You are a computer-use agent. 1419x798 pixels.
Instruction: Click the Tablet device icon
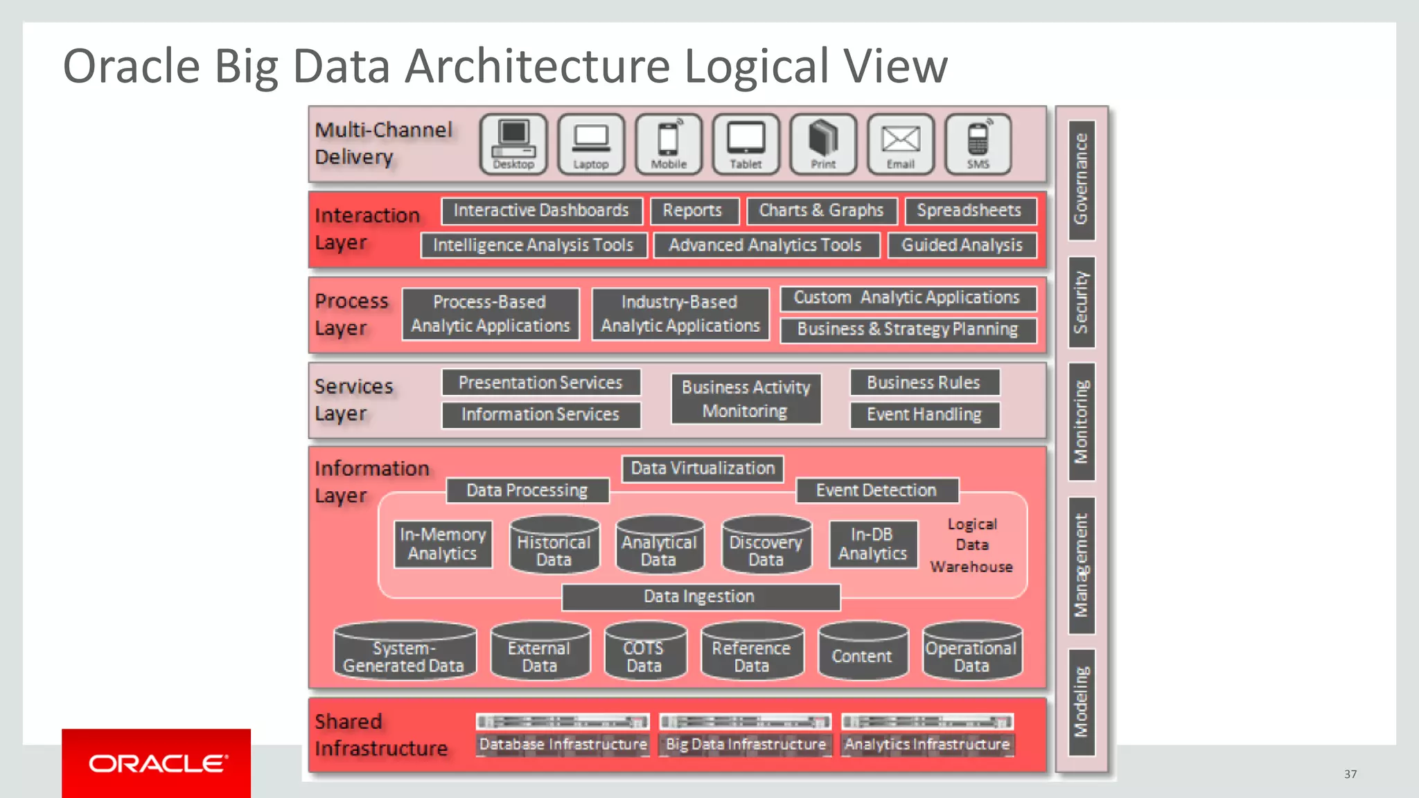click(x=746, y=143)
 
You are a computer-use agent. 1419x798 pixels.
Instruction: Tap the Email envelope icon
click(x=900, y=143)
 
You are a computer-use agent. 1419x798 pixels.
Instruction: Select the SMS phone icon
click(x=978, y=143)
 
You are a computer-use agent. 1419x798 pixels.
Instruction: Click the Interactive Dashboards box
click(x=541, y=211)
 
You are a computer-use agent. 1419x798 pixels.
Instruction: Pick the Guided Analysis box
click(x=961, y=245)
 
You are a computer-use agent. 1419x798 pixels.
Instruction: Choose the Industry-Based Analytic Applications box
click(x=680, y=314)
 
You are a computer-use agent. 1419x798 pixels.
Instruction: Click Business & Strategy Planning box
click(x=908, y=330)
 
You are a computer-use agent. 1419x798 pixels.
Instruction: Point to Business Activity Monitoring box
click(x=746, y=399)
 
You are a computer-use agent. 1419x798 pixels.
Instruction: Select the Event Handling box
click(x=924, y=415)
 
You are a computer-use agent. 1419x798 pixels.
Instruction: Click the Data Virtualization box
click(x=703, y=469)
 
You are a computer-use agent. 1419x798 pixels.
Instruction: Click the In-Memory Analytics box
click(x=443, y=544)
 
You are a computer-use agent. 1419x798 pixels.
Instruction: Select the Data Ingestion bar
click(x=700, y=597)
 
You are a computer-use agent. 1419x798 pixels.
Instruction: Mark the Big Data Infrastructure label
click(x=746, y=745)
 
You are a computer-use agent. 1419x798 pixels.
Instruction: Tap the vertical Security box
click(x=1081, y=303)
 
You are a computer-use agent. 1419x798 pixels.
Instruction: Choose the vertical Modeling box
click(x=1081, y=702)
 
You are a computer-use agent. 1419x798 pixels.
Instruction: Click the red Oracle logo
click(x=157, y=763)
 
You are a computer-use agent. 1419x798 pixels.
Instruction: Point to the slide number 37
click(x=1350, y=774)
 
